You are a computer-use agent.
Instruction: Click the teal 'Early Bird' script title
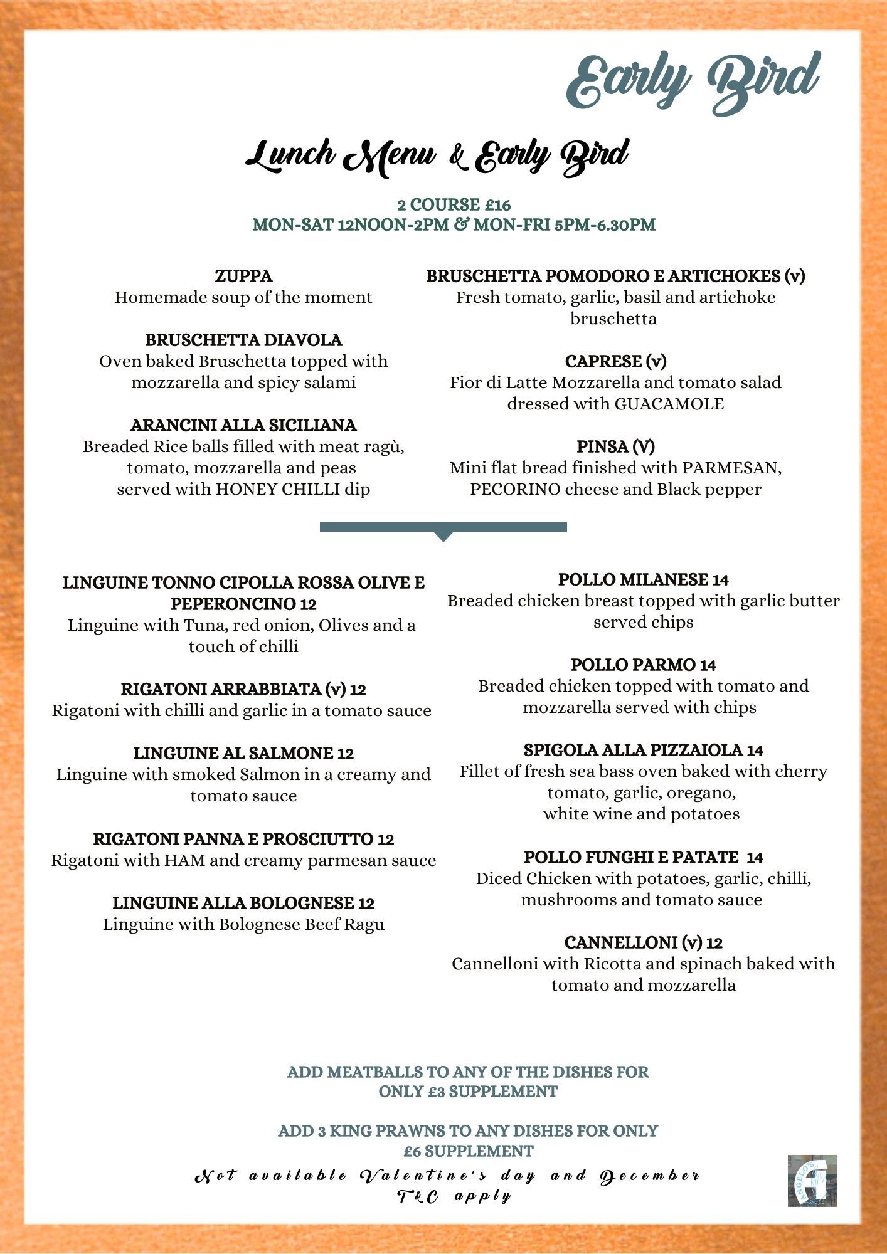pyautogui.click(x=693, y=83)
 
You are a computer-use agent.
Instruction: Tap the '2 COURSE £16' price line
pyautogui.click(x=454, y=204)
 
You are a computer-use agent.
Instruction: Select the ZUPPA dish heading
pyautogui.click(x=243, y=276)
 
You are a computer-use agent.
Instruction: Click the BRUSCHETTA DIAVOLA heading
pyautogui.click(x=243, y=340)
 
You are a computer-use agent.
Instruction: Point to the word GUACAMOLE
pyautogui.click(x=669, y=404)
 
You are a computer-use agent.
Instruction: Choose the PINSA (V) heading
pyautogui.click(x=615, y=446)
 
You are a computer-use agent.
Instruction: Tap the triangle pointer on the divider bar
pyautogui.click(x=443, y=536)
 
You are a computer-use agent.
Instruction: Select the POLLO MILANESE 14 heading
pyautogui.click(x=643, y=579)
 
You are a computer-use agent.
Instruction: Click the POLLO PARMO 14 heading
pyautogui.click(x=643, y=665)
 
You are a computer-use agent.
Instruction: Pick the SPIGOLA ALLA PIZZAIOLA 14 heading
pyautogui.click(x=643, y=750)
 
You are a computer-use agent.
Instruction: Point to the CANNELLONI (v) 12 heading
pyautogui.click(x=643, y=942)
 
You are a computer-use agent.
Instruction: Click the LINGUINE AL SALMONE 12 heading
pyautogui.click(x=243, y=753)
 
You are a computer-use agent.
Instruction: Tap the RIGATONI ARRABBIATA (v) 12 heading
pyautogui.click(x=243, y=689)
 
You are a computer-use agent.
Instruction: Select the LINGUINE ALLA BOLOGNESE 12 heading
pyautogui.click(x=243, y=903)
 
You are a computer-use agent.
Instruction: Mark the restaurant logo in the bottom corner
pyautogui.click(x=812, y=1181)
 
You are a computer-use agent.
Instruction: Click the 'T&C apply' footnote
pyautogui.click(x=454, y=1196)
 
